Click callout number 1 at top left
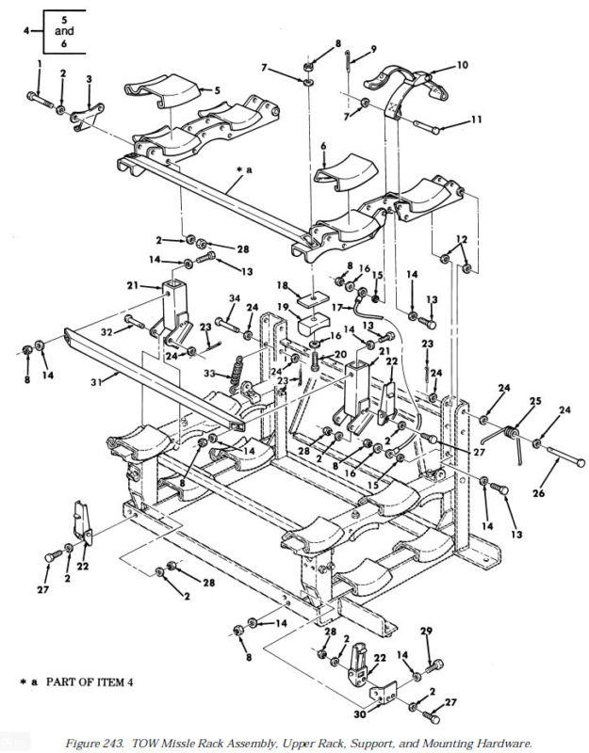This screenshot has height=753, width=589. click(x=40, y=63)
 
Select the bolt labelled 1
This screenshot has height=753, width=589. click(x=40, y=100)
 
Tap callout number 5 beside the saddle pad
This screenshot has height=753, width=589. click(x=217, y=89)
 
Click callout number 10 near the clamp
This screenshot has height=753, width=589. click(x=462, y=65)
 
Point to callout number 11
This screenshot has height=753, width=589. click(x=476, y=119)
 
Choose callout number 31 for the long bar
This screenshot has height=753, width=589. click(x=97, y=382)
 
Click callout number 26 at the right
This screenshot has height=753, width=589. click(x=538, y=492)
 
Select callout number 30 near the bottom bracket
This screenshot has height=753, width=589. click(x=360, y=714)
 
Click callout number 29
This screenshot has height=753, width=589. click(x=426, y=631)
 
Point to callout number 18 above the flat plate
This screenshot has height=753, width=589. click(x=282, y=286)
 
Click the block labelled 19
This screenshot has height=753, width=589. click(x=313, y=325)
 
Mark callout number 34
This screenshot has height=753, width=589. click(x=234, y=298)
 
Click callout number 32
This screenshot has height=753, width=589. click(x=107, y=331)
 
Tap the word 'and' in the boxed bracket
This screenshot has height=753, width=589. click(x=64, y=31)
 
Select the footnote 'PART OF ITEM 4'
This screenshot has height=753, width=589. click(x=90, y=681)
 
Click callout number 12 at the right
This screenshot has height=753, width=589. click(x=462, y=239)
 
